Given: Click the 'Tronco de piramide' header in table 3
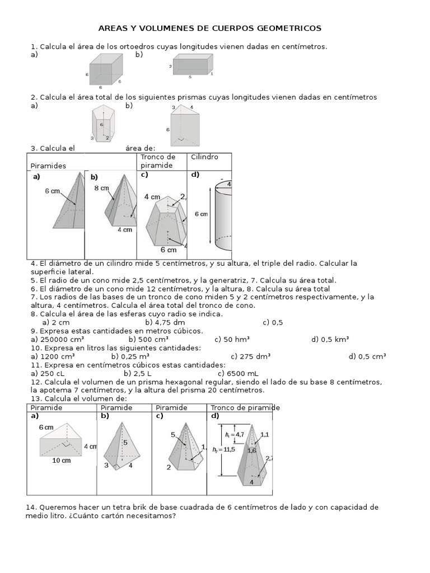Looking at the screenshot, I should (158, 161).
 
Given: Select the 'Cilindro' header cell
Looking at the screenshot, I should (205, 157).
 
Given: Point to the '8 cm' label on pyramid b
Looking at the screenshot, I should (101, 189).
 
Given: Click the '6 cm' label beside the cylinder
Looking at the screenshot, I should (201, 214).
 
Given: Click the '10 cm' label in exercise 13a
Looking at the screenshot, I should (62, 461).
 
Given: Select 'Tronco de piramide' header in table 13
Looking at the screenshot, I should (245, 407).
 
